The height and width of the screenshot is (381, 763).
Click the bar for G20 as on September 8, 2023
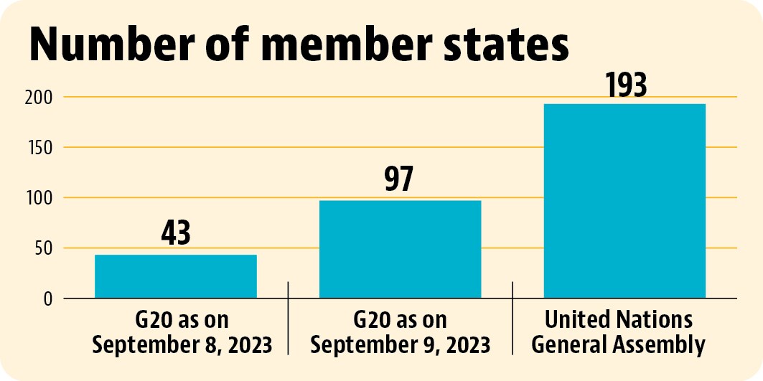pos(176,276)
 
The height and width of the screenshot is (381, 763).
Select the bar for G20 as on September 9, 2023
pos(400,249)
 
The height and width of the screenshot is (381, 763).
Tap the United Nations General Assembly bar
pos(624,201)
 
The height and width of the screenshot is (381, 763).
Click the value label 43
pos(176,233)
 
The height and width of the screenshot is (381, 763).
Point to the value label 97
pos(399,179)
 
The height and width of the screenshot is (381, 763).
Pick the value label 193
pos(627,85)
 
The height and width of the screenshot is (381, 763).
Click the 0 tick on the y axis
pos(47,298)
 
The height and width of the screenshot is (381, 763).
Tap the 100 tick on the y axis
pos(39,198)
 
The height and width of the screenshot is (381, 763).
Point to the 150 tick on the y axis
pos(39,147)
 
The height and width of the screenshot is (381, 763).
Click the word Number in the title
pos(112,44)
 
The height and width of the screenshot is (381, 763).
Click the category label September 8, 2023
pos(182,345)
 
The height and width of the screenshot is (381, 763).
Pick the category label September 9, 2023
pos(401,345)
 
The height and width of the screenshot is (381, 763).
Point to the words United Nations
pos(619,320)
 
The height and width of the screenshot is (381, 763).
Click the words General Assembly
pos(619,345)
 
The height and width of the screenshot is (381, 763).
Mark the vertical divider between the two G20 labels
pos(288,318)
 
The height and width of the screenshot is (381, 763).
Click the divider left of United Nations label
pos(512,318)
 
